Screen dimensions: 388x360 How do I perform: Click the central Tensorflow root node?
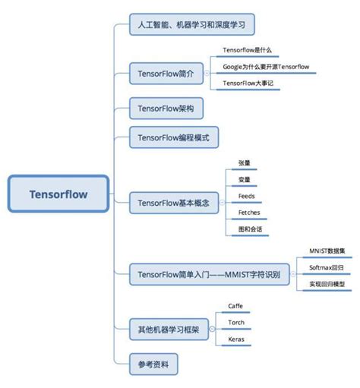coord(58,194)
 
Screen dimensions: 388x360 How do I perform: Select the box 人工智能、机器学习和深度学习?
coord(191,24)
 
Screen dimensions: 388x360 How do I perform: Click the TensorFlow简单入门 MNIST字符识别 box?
coord(209,274)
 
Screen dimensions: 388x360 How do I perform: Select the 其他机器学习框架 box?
coord(168,330)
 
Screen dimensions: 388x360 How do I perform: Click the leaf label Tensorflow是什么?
coord(247,50)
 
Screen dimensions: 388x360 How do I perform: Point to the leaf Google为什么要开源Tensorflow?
coord(266,67)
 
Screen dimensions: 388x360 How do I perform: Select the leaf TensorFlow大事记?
coord(248,84)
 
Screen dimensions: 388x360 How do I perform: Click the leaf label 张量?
coord(244,162)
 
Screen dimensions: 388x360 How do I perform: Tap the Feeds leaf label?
coord(246,196)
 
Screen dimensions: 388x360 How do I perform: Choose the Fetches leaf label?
coord(248,213)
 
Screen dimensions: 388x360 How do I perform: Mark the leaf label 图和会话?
coord(248,229)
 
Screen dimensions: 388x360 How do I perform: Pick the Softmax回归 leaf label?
coord(327,268)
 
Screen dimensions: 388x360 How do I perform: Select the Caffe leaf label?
coord(236,306)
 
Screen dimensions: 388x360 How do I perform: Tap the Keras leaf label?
coord(236,339)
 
